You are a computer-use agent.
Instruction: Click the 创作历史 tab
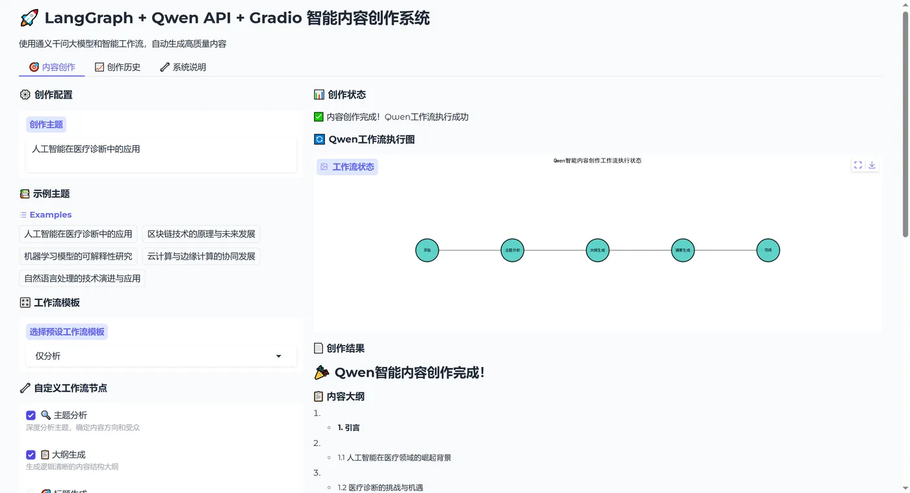(118, 67)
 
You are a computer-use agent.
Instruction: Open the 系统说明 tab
(183, 67)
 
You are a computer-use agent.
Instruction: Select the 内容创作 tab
(52, 67)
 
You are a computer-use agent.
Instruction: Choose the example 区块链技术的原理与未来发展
(201, 234)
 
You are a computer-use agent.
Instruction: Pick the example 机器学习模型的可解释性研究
(78, 256)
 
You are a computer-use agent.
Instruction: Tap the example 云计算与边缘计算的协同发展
(201, 256)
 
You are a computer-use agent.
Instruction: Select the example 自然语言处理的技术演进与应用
(82, 278)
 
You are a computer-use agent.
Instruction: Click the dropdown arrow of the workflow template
(279, 356)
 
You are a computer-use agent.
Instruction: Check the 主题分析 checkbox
(31, 415)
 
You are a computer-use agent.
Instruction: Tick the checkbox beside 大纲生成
(31, 455)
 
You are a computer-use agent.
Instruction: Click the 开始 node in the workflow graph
(427, 250)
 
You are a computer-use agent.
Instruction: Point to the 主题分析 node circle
(512, 250)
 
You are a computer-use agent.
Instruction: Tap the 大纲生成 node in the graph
(597, 250)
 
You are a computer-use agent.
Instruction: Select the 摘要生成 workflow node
(682, 250)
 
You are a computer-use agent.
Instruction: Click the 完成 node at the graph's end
(768, 250)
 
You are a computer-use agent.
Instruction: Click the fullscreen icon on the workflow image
(858, 165)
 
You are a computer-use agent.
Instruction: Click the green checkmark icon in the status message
(318, 117)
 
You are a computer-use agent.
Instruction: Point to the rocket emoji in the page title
(29, 18)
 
